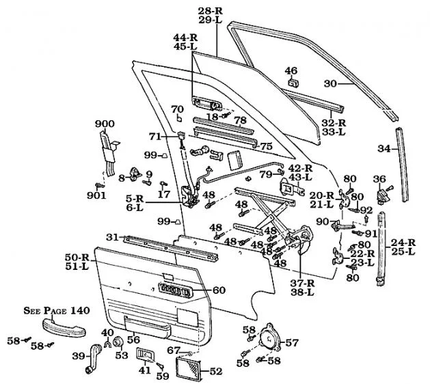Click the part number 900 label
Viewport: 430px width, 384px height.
(105, 123)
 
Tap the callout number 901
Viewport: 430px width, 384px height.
(97, 196)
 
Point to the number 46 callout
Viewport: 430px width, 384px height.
(291, 70)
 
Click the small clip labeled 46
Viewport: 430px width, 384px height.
(292, 83)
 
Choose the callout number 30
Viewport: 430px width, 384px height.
(330, 83)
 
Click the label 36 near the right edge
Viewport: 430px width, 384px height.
(379, 179)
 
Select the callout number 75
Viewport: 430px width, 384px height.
(267, 146)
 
